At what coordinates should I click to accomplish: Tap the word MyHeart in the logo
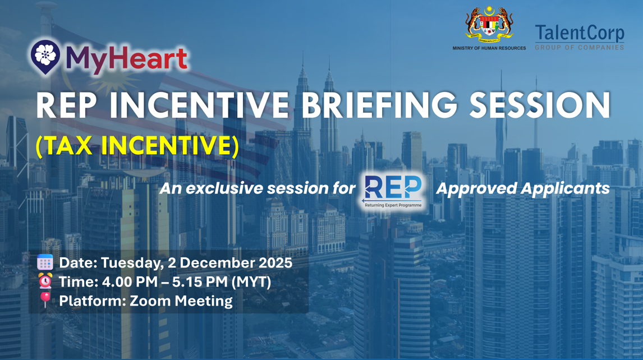126,59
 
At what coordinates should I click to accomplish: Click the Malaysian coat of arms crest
489,24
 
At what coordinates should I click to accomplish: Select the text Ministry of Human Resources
489,48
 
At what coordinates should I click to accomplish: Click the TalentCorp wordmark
579,34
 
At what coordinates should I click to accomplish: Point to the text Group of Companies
579,48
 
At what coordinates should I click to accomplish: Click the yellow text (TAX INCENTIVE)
137,146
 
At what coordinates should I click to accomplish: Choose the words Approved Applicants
522,188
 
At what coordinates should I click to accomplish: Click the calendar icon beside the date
45,262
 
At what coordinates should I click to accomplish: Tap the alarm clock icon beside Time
45,281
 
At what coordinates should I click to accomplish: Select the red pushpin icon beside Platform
45,300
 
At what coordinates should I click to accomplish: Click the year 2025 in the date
275,262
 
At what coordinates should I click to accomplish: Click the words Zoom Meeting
181,301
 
